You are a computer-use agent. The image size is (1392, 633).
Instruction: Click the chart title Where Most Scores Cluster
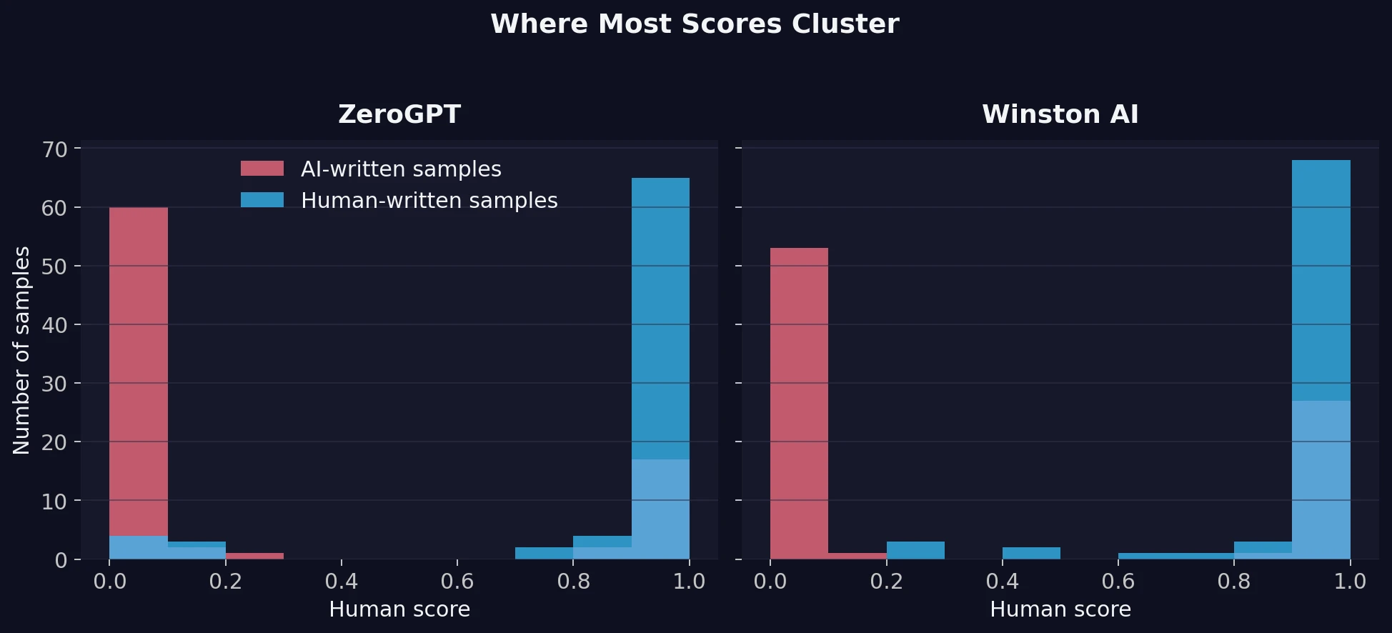coord(695,24)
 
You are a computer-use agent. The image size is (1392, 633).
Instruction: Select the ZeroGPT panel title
coord(399,114)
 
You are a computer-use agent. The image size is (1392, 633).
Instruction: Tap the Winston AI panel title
coord(1060,114)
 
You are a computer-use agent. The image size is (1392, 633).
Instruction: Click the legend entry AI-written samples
coord(401,169)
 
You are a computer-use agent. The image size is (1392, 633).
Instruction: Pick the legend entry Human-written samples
coord(429,201)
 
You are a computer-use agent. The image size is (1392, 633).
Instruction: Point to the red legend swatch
coord(262,169)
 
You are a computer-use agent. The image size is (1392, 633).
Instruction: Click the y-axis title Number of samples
coord(22,350)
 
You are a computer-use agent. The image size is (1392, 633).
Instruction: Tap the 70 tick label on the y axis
coord(54,149)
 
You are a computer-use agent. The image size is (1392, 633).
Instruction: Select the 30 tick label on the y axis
coord(54,384)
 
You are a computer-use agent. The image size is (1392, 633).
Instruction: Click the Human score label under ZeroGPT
coord(399,609)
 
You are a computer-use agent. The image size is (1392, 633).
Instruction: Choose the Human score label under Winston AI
coord(1060,609)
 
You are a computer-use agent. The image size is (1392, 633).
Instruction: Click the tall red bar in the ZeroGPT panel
coord(139,357)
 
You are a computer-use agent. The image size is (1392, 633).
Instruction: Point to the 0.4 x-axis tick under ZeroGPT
coord(341,582)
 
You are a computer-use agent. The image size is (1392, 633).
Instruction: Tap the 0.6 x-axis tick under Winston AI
coord(1118,582)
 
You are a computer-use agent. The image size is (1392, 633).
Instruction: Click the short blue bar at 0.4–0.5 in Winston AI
coord(1031,553)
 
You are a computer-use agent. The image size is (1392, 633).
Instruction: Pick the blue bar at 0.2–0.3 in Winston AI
coord(915,550)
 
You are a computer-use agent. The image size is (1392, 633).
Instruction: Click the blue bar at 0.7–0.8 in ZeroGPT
coord(544,553)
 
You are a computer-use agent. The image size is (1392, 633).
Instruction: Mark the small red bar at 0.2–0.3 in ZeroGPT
coord(254,556)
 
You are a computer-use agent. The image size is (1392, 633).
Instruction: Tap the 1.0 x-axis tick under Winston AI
coord(1350,582)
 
